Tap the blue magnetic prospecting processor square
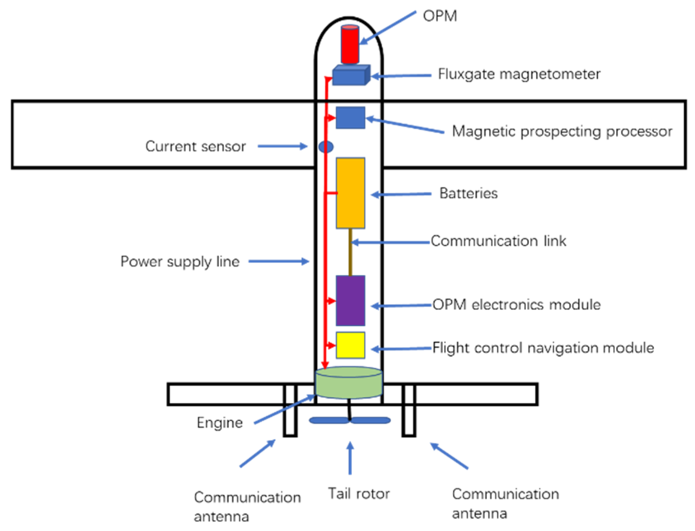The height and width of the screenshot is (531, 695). (x=350, y=118)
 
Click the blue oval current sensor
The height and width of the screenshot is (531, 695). (x=326, y=147)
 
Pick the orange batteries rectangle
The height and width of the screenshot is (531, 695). (x=350, y=193)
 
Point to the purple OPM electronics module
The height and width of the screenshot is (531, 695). (x=350, y=301)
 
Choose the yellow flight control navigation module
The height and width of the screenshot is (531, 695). (x=350, y=345)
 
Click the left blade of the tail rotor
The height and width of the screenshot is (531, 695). (x=329, y=420)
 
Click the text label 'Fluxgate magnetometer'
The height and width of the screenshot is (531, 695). (x=519, y=74)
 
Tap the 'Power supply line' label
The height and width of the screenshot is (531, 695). (x=180, y=262)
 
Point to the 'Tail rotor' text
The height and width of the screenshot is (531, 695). (x=359, y=493)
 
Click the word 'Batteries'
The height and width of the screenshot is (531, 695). (x=468, y=193)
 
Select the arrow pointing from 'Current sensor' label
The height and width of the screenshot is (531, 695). (x=282, y=146)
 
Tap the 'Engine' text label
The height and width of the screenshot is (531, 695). (x=220, y=423)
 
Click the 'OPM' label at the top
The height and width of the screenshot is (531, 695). (x=440, y=16)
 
